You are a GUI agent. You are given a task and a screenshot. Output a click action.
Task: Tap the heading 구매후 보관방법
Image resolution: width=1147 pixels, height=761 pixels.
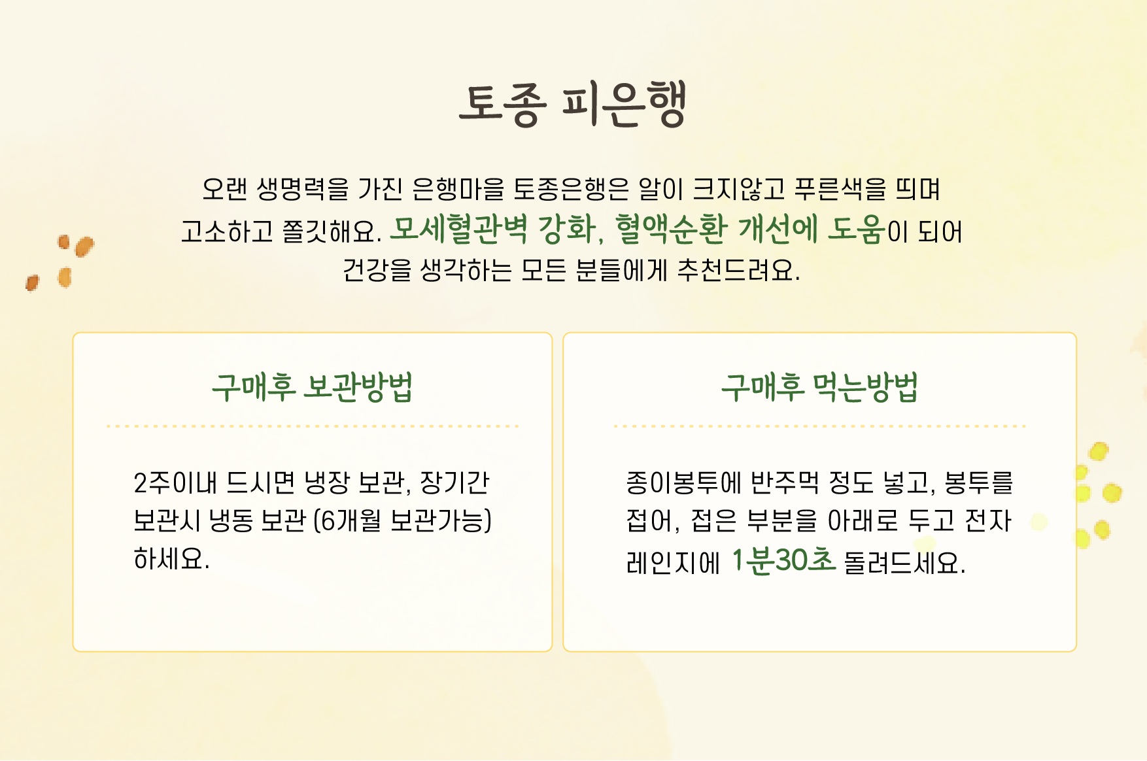pos(312,387)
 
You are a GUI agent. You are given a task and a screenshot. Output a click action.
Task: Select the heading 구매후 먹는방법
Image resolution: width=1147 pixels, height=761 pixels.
pos(819,387)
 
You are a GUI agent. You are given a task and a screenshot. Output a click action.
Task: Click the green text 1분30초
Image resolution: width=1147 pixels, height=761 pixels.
pos(783,560)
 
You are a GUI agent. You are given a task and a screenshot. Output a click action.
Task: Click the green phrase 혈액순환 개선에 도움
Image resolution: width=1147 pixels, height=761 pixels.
pos(750,229)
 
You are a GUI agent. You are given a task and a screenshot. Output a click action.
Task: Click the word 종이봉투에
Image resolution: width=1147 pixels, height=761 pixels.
pos(683,482)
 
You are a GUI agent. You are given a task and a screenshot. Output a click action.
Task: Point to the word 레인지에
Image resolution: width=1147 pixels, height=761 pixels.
pos(673,562)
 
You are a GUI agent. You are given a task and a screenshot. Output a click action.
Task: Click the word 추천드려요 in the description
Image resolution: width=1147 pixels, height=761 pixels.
pos(738,269)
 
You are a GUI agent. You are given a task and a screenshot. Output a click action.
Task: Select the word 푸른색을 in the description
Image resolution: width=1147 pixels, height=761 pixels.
pos(840,189)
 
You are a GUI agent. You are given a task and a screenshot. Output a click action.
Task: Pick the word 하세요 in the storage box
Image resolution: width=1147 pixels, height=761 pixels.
pos(171,559)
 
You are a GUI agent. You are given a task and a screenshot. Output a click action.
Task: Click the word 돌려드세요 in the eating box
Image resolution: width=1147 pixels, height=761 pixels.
pos(904,562)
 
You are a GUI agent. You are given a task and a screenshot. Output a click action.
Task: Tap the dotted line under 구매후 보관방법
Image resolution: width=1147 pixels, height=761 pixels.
pos(313,426)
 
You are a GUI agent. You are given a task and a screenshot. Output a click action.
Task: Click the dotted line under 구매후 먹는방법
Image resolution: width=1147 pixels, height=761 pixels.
pos(819,426)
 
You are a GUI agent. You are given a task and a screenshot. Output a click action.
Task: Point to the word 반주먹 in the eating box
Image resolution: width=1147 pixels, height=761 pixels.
pos(784,482)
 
